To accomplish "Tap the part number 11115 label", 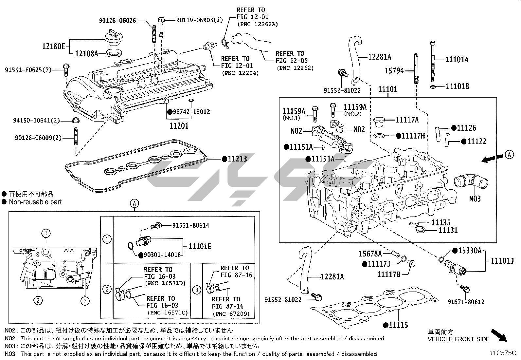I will pos(398,325).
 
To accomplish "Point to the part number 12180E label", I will pos(53,46).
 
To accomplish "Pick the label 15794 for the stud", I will pos(394,70).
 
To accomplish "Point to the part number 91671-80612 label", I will pos(466,302).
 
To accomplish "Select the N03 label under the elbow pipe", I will pos(475,199).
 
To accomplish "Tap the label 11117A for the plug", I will pos(407,120).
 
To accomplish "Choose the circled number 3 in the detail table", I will pos(196,290).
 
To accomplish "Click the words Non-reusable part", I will pos(35,202).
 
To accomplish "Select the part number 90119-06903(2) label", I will pos(199,20).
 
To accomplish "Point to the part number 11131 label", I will pos(448,230).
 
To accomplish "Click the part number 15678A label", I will pos(370,254).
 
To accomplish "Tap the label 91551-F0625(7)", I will pos(28,70).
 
